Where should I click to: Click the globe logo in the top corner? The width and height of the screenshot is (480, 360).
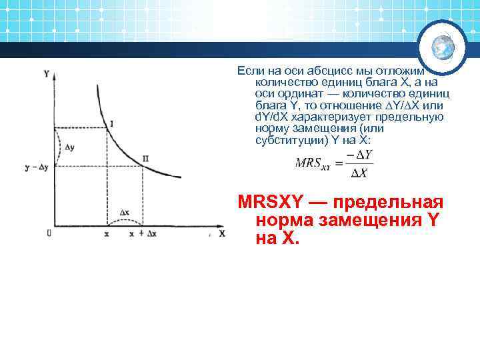tap(443, 46)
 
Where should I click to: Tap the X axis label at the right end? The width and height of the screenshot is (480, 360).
tap(222, 233)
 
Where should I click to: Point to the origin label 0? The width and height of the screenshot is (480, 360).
tap(49, 233)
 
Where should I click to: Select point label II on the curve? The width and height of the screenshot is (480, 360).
tap(145, 159)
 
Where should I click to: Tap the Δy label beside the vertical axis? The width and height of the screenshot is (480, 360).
tap(69, 146)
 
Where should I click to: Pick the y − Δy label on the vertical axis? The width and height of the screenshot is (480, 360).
tap(37, 167)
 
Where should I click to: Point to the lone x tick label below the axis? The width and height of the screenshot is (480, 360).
tap(107, 234)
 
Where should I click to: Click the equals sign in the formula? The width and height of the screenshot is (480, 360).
tap(339, 163)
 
